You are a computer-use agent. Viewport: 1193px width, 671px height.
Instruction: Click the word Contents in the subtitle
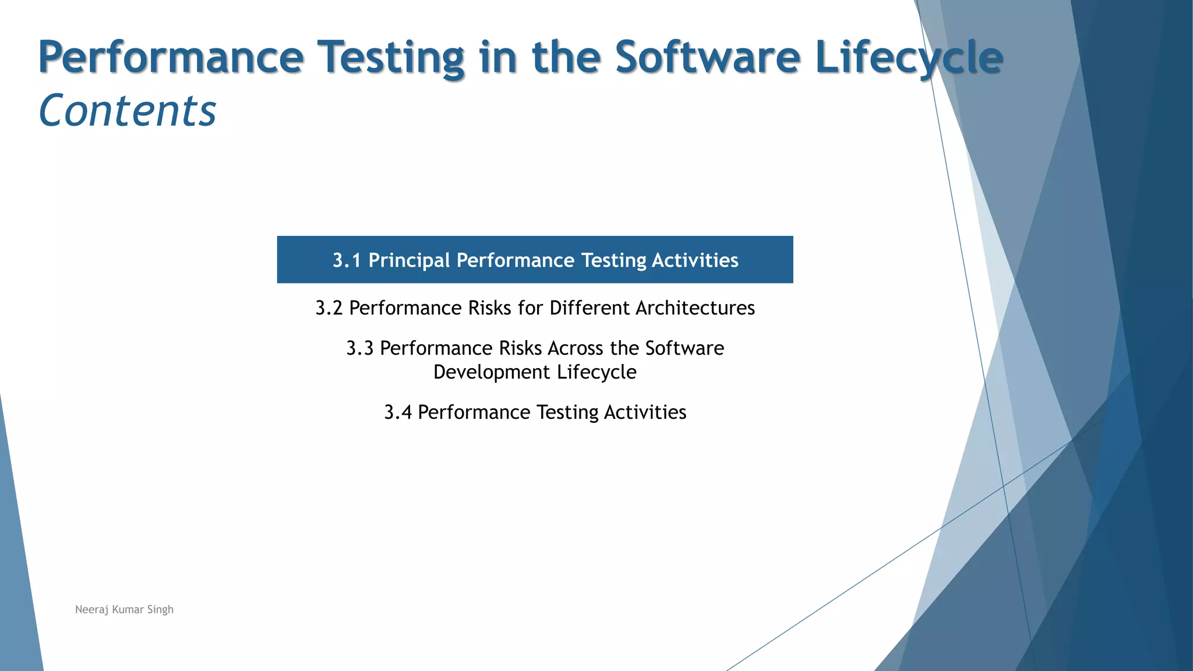pyautogui.click(x=127, y=111)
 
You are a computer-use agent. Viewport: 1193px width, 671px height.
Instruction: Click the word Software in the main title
pyautogui.click(x=707, y=57)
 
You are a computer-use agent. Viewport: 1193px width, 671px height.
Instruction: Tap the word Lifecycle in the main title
pyautogui.click(x=909, y=57)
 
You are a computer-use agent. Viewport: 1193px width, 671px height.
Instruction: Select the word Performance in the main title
pyautogui.click(x=171, y=57)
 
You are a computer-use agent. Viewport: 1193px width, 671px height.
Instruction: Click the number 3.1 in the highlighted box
pyautogui.click(x=347, y=260)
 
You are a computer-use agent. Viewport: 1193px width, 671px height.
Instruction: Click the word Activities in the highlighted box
pyautogui.click(x=695, y=260)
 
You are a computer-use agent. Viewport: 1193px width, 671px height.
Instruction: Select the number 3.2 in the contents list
pyautogui.click(x=329, y=308)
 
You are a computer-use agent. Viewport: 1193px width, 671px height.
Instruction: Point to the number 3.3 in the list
pyautogui.click(x=359, y=348)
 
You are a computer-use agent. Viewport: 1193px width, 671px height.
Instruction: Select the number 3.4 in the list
pyautogui.click(x=397, y=412)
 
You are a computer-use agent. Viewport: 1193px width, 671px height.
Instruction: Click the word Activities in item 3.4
pyautogui.click(x=645, y=412)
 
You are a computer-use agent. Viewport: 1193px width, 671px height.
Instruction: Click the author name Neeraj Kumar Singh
pyautogui.click(x=124, y=609)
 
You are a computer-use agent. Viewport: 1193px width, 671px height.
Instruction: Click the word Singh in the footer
pyautogui.click(x=160, y=609)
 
